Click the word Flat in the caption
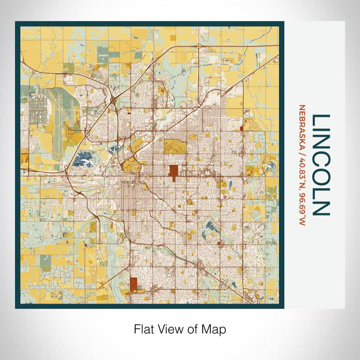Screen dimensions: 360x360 point(143,329)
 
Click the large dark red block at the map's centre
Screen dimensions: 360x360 point(174,173)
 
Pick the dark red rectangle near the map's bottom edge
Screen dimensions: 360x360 point(135,284)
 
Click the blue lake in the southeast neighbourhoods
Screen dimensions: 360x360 point(209,226)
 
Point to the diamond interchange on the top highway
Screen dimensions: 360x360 point(198,47)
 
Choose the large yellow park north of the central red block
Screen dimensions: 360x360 point(175,147)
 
